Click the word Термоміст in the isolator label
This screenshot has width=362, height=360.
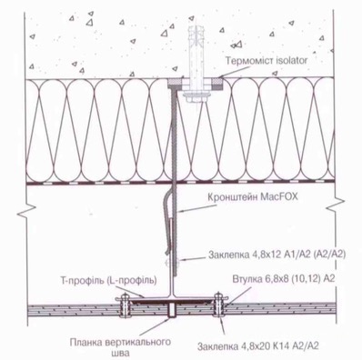246,61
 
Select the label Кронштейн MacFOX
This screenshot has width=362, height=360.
253,197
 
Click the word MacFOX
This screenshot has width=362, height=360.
279,197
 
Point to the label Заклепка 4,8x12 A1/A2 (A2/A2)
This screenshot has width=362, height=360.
277,255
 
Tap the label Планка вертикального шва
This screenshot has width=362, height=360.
120,347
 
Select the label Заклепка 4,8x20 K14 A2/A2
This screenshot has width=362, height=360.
258,345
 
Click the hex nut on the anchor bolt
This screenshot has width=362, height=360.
197,98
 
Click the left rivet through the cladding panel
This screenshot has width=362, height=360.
125,306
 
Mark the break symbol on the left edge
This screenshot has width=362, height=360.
26,210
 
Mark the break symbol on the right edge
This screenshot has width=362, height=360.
336,205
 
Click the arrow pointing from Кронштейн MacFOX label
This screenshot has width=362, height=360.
197,208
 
